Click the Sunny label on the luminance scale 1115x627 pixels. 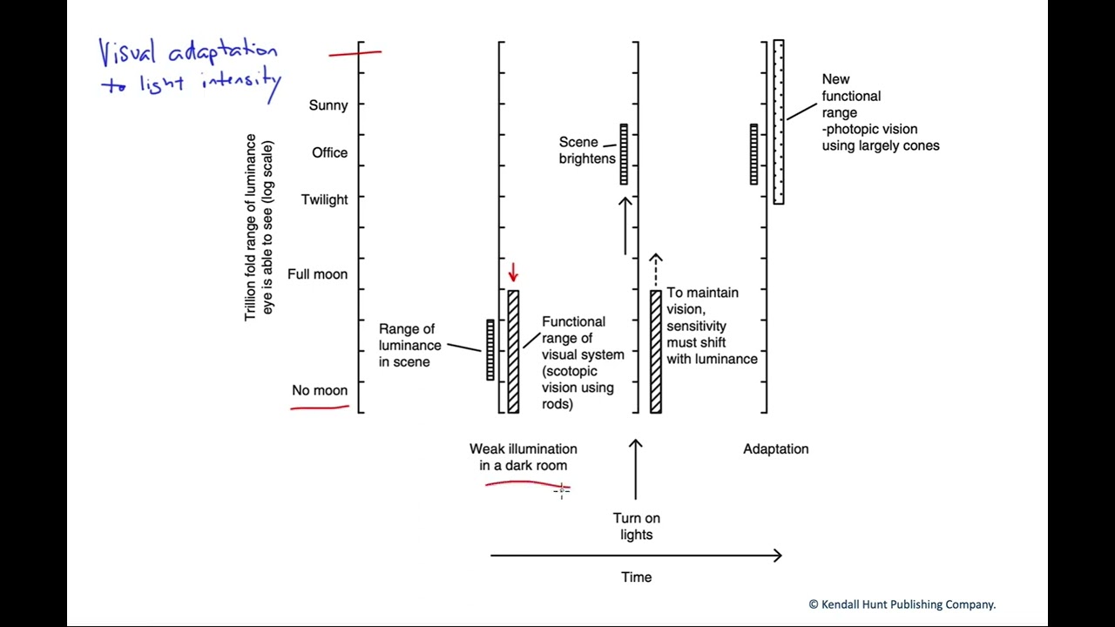(328, 105)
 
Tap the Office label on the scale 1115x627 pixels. (329, 152)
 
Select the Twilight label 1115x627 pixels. (324, 199)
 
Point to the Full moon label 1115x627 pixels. (317, 274)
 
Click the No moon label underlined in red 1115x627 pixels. (320, 390)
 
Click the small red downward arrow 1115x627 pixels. (513, 273)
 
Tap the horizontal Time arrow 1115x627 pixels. (636, 556)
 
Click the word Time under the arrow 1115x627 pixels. (636, 576)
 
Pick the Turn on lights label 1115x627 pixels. (636, 526)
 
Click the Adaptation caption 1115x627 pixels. (775, 448)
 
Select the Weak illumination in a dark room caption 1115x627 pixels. (523, 456)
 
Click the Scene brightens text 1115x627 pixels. (587, 150)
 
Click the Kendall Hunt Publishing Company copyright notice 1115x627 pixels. (902, 603)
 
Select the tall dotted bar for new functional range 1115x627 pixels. (779, 122)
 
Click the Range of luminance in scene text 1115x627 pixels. (409, 345)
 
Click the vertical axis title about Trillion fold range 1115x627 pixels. (259, 227)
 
